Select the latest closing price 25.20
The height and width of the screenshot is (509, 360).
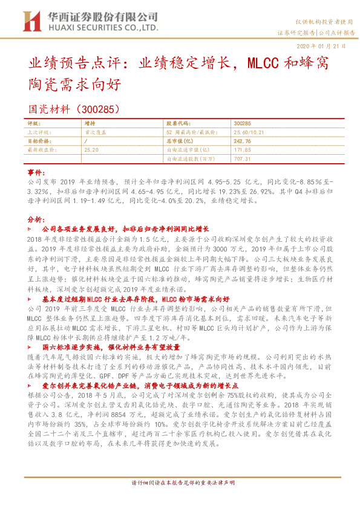click(91, 149)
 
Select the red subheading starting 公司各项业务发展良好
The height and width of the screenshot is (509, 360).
click(125, 229)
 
